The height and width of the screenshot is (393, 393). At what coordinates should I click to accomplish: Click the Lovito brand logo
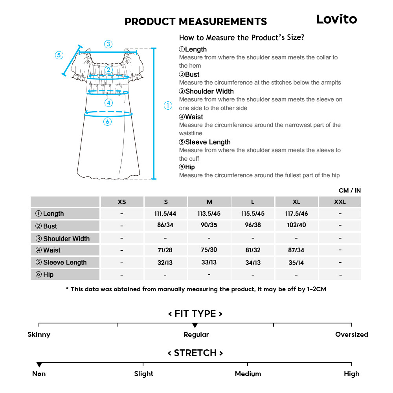(336, 19)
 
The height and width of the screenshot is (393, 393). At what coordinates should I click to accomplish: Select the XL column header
(296, 202)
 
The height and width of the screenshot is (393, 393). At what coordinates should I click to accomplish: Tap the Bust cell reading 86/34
(165, 225)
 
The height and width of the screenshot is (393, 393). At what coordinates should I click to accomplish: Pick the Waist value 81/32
(253, 250)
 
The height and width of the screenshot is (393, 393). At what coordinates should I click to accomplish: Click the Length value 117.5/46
(296, 213)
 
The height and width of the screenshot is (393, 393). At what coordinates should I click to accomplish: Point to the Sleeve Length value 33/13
(209, 262)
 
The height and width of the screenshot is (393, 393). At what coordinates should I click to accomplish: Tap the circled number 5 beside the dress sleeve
(59, 55)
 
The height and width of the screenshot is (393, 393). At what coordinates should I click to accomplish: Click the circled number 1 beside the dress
(168, 105)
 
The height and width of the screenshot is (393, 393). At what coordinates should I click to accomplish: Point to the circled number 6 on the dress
(108, 122)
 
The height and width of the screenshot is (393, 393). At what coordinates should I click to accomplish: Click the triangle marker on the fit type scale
(195, 325)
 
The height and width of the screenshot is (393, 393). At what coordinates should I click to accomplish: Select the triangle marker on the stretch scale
(39, 365)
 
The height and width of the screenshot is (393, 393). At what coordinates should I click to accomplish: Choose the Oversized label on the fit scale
(351, 334)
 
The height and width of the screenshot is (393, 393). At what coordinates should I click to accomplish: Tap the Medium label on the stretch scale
(248, 374)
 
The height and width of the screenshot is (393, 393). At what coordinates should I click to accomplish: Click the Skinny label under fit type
(39, 334)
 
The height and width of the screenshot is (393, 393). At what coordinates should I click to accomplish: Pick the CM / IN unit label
(349, 190)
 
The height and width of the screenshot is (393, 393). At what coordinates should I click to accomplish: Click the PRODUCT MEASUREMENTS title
(196, 22)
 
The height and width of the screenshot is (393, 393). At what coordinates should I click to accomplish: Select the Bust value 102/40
(296, 225)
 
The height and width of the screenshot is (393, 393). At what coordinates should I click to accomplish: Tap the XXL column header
(340, 202)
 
